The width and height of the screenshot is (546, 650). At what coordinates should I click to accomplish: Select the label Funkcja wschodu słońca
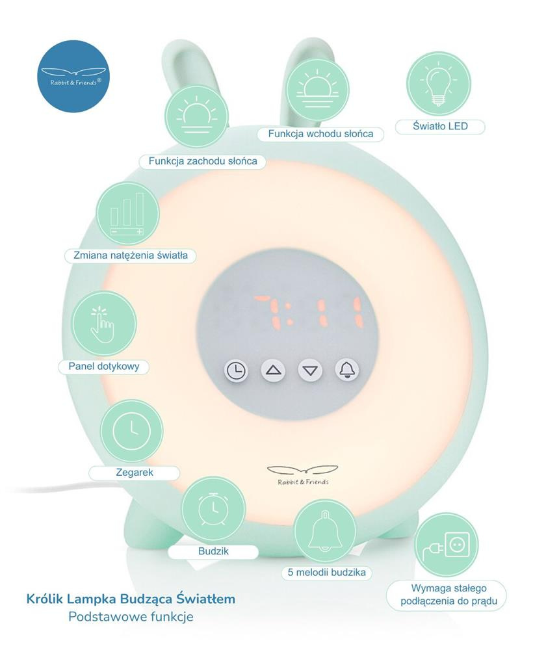[325, 134]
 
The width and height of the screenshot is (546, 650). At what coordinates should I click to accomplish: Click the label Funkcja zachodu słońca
[203, 161]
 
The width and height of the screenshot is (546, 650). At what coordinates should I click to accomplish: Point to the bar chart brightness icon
[127, 214]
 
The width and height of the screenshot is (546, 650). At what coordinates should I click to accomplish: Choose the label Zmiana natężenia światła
[131, 255]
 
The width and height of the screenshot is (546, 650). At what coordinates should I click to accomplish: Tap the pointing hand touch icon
[104, 324]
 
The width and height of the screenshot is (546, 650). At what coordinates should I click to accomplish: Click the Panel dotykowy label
[104, 367]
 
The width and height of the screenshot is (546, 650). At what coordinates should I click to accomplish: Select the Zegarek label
[134, 473]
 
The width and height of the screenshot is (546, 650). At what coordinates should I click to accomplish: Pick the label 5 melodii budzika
[330, 573]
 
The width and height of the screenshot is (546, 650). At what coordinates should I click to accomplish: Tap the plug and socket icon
[446, 545]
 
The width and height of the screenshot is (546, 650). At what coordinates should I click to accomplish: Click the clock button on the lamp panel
[237, 371]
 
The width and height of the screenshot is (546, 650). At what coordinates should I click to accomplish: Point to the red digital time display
[309, 313]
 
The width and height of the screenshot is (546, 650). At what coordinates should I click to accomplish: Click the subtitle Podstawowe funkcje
[131, 616]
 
